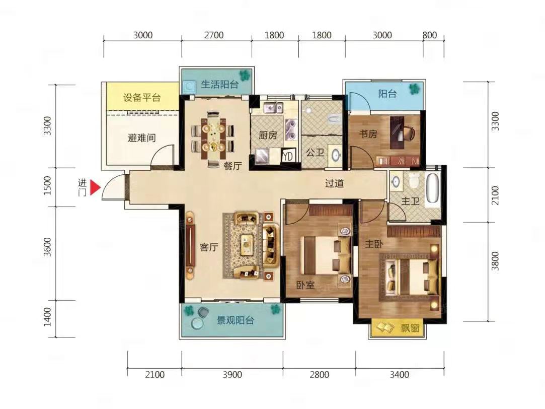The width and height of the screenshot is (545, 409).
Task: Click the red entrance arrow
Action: (x=95, y=188)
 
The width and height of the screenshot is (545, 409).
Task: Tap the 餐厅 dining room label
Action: (x=232, y=166)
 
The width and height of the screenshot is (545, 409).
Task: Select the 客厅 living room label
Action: (x=209, y=247)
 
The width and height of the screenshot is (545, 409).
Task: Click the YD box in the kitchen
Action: (x=288, y=156)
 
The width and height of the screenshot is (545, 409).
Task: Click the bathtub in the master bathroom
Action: (x=433, y=188)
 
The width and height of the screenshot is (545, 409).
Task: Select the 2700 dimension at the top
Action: (x=214, y=35)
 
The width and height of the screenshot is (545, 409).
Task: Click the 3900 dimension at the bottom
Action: (x=232, y=375)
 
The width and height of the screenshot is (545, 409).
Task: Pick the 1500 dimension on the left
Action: (x=48, y=186)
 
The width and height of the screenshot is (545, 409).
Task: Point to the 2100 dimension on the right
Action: (x=495, y=195)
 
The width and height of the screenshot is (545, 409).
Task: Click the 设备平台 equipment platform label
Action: (x=142, y=97)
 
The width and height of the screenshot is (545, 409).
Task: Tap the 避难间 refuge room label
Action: (x=141, y=138)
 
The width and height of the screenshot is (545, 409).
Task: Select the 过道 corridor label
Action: (x=334, y=183)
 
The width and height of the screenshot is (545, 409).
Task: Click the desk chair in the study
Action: (x=409, y=133)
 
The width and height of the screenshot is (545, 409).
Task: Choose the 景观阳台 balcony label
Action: (x=236, y=320)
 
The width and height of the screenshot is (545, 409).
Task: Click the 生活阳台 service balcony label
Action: (x=220, y=84)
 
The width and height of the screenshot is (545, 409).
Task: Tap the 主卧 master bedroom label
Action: (x=374, y=244)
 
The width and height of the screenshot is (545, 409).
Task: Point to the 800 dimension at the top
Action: (x=430, y=35)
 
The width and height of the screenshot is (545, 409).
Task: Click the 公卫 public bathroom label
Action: (x=315, y=152)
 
